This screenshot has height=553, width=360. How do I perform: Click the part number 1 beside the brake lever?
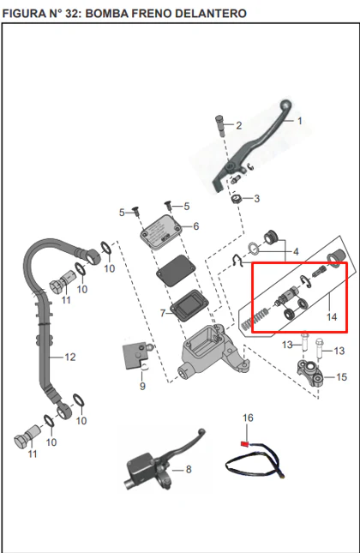[x=300, y=121]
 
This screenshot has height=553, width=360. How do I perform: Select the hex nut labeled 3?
[x=236, y=199]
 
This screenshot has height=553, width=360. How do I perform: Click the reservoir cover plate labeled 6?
[x=161, y=233]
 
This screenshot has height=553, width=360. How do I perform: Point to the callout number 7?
[x=163, y=313]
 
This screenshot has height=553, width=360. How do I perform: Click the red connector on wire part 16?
[x=244, y=443]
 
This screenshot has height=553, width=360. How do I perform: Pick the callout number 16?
[x=248, y=418]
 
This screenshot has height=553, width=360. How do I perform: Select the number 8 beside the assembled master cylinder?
[x=189, y=470]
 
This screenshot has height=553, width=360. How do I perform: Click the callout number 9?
[x=142, y=386]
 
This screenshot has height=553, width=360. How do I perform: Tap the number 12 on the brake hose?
[x=70, y=358]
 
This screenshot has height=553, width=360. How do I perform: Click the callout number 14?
[x=332, y=317]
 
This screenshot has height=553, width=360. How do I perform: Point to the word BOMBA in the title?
[x=106, y=14]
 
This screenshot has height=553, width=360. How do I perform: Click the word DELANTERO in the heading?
[x=211, y=14]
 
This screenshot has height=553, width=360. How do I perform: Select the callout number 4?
[x=296, y=251]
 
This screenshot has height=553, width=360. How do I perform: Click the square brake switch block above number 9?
[x=135, y=355]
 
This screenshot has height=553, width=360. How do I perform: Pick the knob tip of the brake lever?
[x=285, y=105]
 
